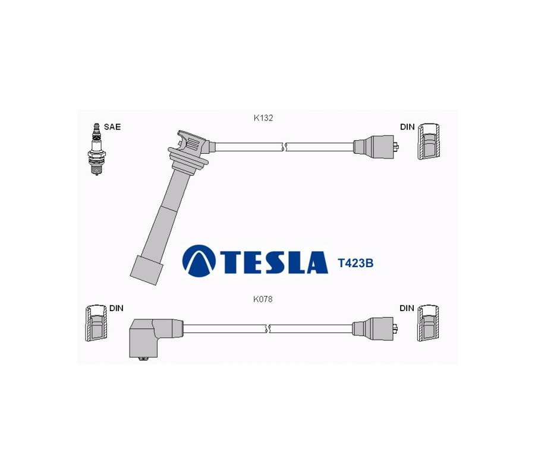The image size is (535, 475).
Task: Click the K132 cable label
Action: click(x=263, y=118)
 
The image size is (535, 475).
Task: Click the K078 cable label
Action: click(x=263, y=299)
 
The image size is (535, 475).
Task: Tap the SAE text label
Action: click(x=112, y=126)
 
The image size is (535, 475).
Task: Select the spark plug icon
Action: click(x=96, y=149)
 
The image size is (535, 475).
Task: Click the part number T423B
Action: click(x=355, y=263)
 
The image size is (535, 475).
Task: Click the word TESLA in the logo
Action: click(x=272, y=262)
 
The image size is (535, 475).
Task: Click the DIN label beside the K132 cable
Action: click(x=407, y=126)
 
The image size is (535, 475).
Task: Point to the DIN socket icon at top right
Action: click(x=429, y=141)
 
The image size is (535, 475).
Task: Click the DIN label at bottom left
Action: click(x=117, y=308)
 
